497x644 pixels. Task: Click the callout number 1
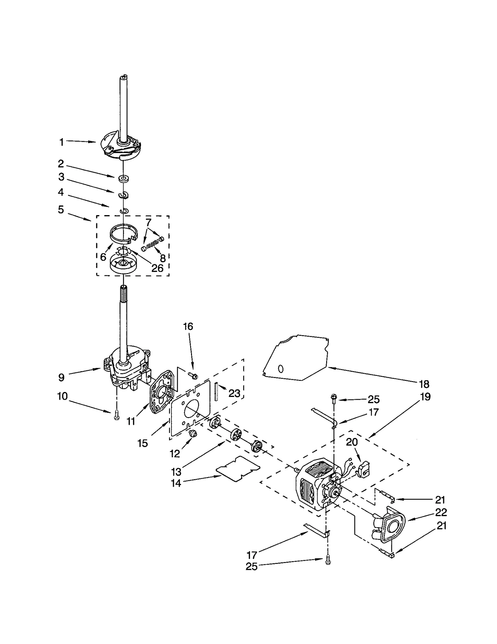[x=62, y=142]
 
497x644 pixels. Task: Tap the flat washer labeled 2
[x=124, y=178]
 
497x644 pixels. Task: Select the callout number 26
[x=157, y=268]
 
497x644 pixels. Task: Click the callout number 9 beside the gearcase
[x=62, y=377]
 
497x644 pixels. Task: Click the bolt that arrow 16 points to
[x=193, y=375]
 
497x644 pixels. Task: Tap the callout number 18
[x=424, y=384]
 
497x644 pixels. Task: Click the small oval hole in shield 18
[x=280, y=369]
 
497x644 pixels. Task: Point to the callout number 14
[x=176, y=483]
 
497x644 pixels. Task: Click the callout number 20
[x=352, y=442]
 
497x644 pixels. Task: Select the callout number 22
[x=441, y=512]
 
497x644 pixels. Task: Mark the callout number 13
[x=176, y=471]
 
